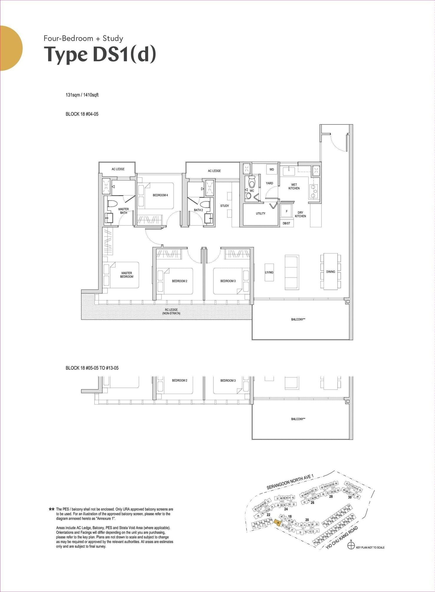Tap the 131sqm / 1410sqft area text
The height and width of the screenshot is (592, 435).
pos(82,95)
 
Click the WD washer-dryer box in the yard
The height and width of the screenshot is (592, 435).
pos(271,170)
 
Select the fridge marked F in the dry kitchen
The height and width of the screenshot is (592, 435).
pos(286,211)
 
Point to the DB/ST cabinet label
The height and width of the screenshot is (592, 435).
pos(286,223)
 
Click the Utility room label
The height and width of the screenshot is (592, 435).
pos(261,213)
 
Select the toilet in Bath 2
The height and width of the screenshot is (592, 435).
pos(205,204)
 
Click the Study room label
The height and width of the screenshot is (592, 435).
pos(225,206)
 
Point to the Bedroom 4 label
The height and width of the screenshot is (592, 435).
pos(160,195)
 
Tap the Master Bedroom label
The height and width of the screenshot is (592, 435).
pos(127,275)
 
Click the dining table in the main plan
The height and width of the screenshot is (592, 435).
pos(330,271)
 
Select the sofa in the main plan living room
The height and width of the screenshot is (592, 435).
pos(292,272)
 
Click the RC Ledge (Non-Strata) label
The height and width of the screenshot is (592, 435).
pos(171,311)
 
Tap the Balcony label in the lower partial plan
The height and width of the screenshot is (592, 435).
pos(298,419)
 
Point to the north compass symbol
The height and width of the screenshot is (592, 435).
pos(351,546)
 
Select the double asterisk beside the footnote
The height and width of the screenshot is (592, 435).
pos(52,509)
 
